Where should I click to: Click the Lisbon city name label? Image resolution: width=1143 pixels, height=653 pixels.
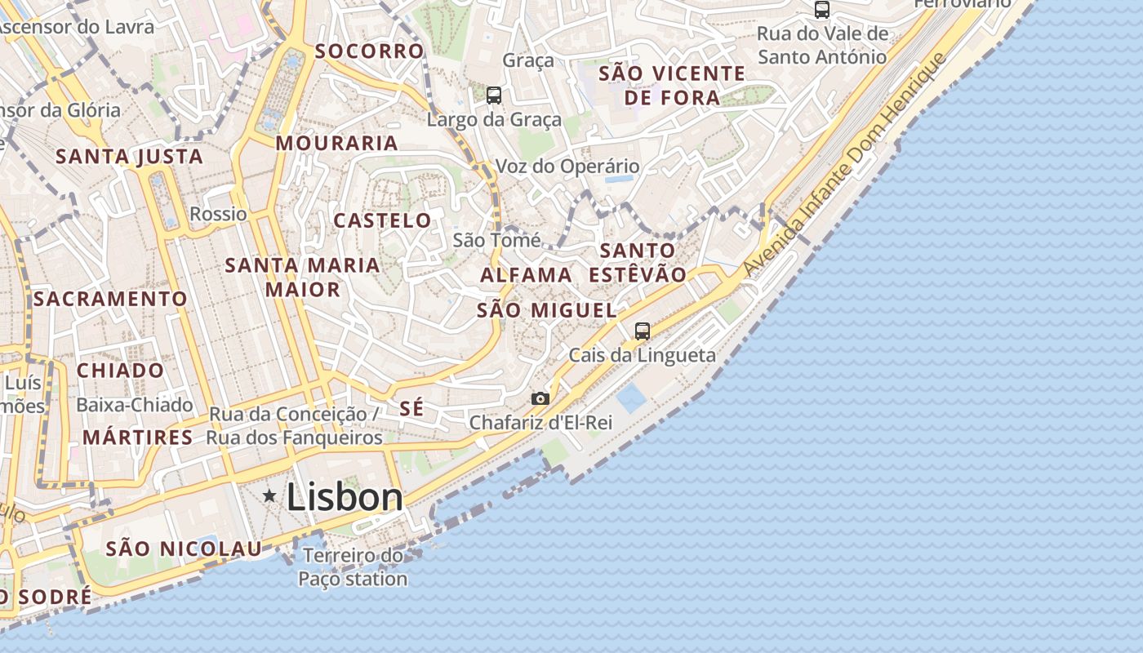pyautogui.click(x=345, y=497)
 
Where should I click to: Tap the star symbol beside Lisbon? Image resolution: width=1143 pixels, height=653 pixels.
pyautogui.click(x=269, y=495)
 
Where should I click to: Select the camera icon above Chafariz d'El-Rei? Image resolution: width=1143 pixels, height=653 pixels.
pyautogui.click(x=540, y=398)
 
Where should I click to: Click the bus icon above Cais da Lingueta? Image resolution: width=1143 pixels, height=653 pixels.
pyautogui.click(x=643, y=331)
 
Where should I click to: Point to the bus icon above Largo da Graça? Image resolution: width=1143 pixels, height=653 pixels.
pyautogui.click(x=494, y=96)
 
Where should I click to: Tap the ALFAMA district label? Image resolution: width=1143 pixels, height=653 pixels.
pyautogui.click(x=526, y=275)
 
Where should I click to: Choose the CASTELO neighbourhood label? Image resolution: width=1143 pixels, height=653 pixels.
pyautogui.click(x=382, y=220)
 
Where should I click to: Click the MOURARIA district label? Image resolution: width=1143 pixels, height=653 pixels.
pyautogui.click(x=336, y=144)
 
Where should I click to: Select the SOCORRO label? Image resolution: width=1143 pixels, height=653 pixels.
pyautogui.click(x=370, y=51)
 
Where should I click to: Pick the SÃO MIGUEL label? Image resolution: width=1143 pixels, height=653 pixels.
pyautogui.click(x=546, y=310)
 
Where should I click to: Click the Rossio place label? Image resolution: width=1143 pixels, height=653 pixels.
pyautogui.click(x=218, y=214)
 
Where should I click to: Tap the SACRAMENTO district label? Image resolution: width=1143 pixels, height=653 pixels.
pyautogui.click(x=111, y=299)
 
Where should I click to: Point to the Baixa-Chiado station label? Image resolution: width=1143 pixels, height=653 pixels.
pyautogui.click(x=135, y=405)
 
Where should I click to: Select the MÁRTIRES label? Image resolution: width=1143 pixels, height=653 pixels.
pyautogui.click(x=138, y=438)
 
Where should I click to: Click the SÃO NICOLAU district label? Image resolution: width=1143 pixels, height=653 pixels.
pyautogui.click(x=184, y=549)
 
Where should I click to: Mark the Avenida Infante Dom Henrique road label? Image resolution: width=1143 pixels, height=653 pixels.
pyautogui.click(x=844, y=163)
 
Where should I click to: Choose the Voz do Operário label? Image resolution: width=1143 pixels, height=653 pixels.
pyautogui.click(x=568, y=167)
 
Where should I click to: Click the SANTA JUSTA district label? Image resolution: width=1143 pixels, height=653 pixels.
pyautogui.click(x=129, y=157)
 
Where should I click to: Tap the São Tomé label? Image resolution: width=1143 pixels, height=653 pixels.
pyautogui.click(x=496, y=240)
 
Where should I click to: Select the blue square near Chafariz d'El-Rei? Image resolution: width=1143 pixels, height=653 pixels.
pyautogui.click(x=631, y=398)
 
